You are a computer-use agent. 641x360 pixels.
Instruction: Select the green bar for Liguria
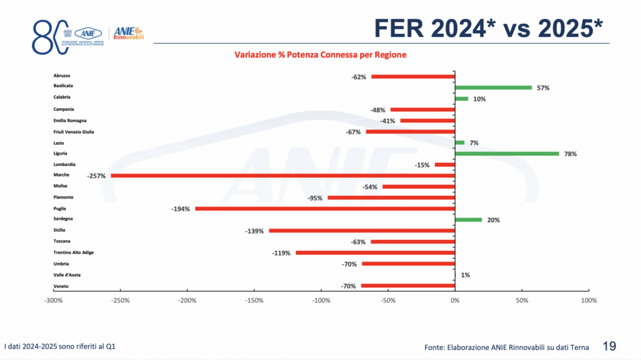(507, 153)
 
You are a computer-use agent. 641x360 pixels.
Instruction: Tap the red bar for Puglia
(326, 208)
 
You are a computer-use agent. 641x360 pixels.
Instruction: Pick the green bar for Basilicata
(493, 88)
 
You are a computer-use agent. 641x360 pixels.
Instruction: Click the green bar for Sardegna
(468, 220)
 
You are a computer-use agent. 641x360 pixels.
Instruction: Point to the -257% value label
(96, 176)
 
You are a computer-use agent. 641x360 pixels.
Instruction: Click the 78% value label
(570, 154)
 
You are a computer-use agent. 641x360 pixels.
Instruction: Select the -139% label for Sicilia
(254, 231)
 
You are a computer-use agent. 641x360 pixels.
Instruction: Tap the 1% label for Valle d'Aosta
(465, 275)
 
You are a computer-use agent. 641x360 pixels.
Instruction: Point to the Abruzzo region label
(63, 75)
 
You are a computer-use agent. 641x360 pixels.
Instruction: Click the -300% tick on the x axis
(53, 301)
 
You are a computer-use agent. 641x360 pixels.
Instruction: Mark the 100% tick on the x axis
(589, 301)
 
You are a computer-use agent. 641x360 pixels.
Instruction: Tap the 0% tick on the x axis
(455, 301)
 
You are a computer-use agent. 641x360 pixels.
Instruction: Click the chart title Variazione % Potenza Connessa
(320, 55)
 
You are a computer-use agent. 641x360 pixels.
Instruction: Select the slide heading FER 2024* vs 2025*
(488, 28)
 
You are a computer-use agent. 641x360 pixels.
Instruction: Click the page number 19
(609, 345)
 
